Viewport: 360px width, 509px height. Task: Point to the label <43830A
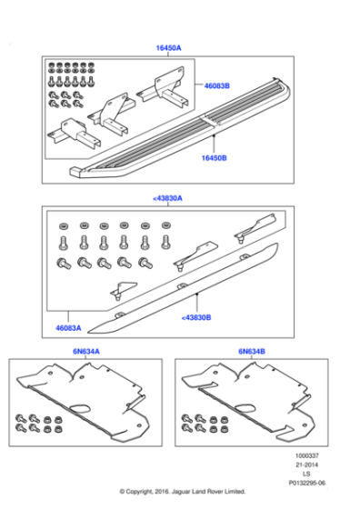pos(167,197)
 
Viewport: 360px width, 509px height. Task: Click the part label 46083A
pos(68,326)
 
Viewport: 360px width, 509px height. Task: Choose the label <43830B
pos(196,318)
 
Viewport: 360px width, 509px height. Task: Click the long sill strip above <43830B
pos(195,282)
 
